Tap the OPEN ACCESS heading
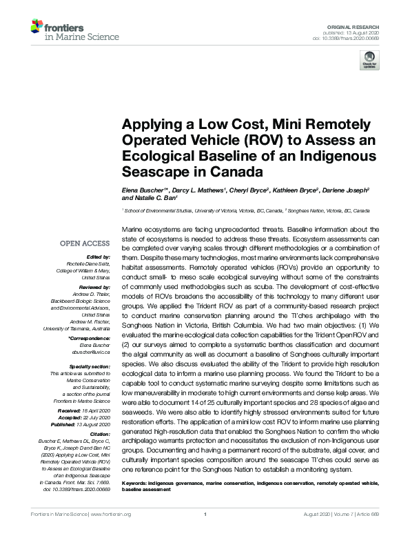(84, 243)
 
